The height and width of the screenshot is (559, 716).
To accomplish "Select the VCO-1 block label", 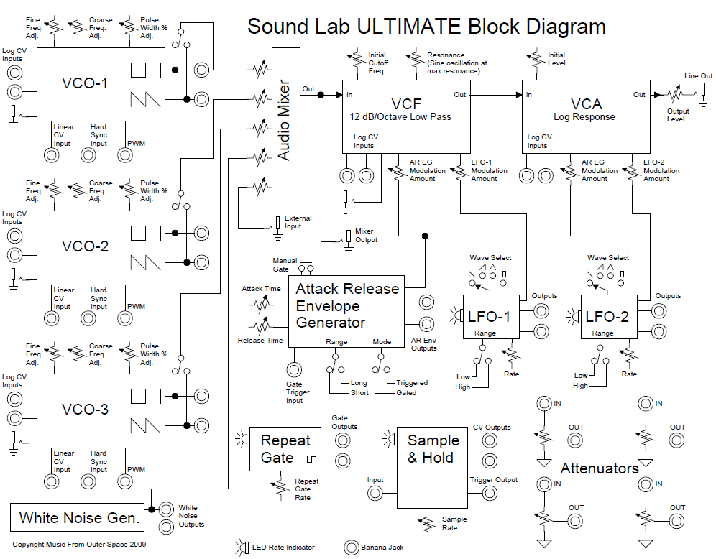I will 85,83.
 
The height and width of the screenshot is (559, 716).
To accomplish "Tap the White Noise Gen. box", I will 79,517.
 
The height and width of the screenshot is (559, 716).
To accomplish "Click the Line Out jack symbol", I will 702,90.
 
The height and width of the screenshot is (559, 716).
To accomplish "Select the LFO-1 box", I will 490,317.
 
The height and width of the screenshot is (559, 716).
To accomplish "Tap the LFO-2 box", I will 610,317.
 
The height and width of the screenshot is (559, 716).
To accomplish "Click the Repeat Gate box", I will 285,449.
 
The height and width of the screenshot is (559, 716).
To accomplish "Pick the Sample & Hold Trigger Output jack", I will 490,493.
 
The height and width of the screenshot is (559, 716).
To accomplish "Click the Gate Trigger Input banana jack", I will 294,370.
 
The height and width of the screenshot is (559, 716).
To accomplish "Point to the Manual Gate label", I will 285,264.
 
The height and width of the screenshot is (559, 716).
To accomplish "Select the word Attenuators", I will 600,468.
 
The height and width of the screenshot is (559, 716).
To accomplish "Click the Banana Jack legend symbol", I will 352,548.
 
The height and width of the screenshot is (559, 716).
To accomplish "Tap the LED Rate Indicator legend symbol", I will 240,548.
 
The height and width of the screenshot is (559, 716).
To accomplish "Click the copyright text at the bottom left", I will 79,545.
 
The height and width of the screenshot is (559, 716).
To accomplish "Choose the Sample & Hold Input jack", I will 375,493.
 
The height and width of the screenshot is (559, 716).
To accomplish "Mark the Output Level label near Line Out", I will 677,115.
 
